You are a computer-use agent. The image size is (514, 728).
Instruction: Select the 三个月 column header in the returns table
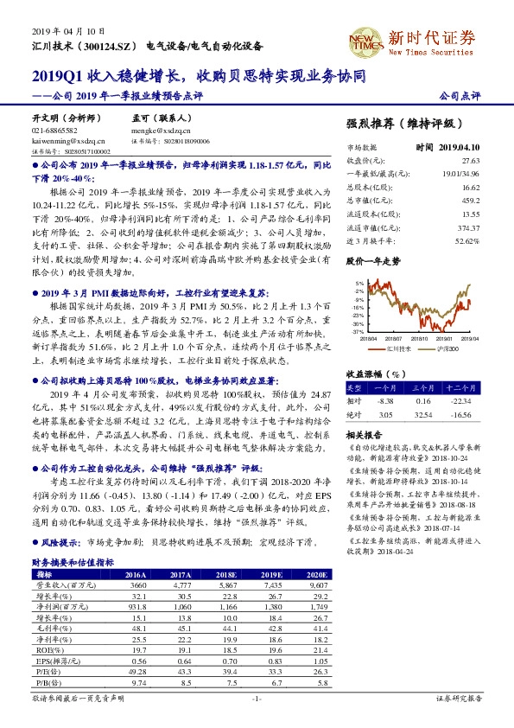pyautogui.click(x=422, y=389)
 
